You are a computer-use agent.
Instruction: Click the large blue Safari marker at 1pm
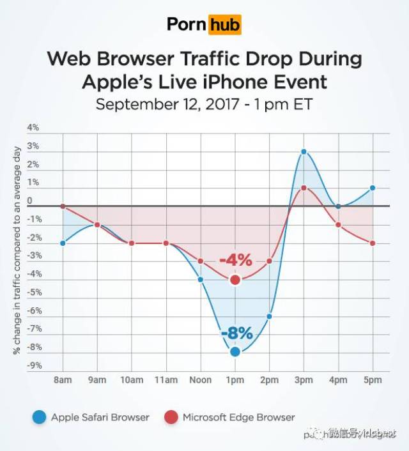[235, 351]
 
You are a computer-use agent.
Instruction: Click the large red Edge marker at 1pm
[235, 279]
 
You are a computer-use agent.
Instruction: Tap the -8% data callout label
[236, 333]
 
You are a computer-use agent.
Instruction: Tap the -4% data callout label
[235, 261]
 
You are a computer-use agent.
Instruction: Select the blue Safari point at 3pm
[304, 152]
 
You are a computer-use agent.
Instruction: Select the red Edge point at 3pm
[304, 188]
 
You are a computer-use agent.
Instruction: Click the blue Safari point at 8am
[63, 243]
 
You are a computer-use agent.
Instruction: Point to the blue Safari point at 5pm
[372, 188]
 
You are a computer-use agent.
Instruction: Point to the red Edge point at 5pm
[372, 243]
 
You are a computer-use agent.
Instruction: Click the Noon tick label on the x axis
[200, 380]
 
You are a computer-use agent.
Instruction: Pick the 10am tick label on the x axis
[132, 380]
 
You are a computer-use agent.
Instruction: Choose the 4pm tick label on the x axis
[337, 380]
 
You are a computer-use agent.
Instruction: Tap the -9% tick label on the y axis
[34, 366]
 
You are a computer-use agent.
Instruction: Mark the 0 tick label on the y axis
[29, 201]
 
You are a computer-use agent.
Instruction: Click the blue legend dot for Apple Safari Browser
[40, 418]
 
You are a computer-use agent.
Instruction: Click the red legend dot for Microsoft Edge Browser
[171, 418]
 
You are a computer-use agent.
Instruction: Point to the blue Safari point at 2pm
[270, 316]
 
